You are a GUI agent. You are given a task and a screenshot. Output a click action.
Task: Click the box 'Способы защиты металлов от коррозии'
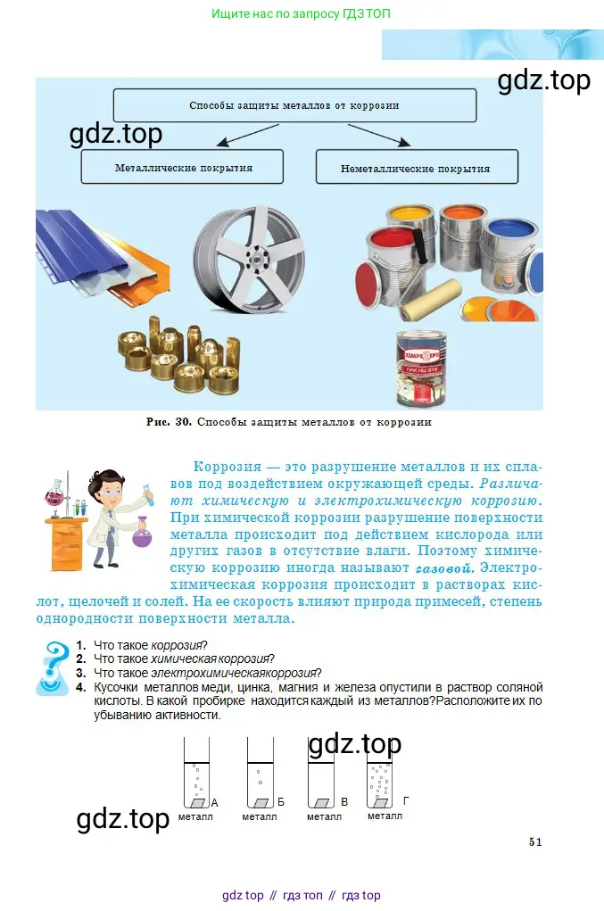click(x=294, y=105)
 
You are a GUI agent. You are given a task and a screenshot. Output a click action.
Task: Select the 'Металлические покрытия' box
click(x=182, y=168)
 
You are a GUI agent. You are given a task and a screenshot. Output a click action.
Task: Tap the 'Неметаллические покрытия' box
click(x=417, y=168)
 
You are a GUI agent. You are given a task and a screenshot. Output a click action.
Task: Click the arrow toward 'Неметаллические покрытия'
click(x=379, y=135)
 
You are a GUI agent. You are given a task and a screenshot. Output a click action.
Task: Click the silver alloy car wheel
click(x=249, y=260)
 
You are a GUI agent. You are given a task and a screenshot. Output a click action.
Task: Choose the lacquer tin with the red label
click(x=421, y=369)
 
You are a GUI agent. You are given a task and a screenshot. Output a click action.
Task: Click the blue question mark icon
click(x=54, y=667)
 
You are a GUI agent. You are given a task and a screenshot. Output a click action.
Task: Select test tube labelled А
click(x=196, y=773)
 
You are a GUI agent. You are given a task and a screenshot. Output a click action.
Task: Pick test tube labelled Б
click(x=261, y=773)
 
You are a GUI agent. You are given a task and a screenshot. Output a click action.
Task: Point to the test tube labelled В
click(x=320, y=773)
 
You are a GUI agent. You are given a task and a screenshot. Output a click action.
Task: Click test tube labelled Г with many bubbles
click(x=380, y=773)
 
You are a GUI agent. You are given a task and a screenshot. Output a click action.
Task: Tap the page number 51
click(x=535, y=842)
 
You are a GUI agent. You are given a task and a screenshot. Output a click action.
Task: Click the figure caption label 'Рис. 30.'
click(x=169, y=422)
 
